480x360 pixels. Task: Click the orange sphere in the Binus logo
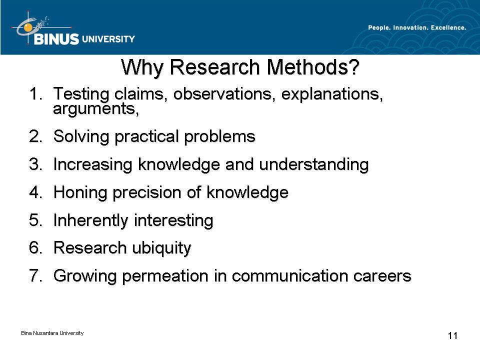[28, 27]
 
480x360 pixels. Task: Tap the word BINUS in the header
[56, 39]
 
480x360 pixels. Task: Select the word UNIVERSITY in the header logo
[108, 39]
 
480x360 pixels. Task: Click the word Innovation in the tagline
[410, 27]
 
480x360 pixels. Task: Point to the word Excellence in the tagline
[448, 27]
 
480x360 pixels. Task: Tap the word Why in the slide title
[142, 67]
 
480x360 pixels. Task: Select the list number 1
[35, 93]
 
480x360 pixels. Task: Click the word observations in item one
[222, 93]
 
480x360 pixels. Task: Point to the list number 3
[35, 164]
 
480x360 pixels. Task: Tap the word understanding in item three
[314, 164]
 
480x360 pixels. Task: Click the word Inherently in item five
[91, 220]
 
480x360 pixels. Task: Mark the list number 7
[35, 275]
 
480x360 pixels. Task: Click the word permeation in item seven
[165, 276]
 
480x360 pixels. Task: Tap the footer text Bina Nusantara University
[52, 333]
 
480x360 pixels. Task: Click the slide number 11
[453, 336]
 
